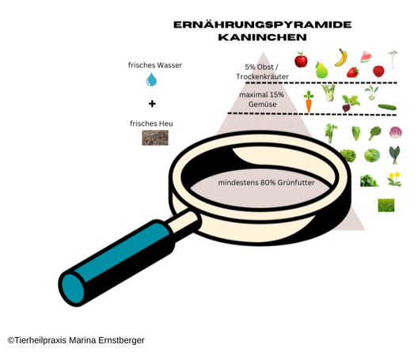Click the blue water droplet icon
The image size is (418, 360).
(151, 79)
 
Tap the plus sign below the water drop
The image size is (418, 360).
(152, 104)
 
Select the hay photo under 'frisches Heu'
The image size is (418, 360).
(155, 138)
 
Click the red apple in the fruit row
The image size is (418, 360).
(301, 60)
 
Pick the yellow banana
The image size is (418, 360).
(341, 58)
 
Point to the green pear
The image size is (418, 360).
(321, 70)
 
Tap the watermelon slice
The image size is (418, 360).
(366, 57)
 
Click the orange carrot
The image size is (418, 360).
(309, 102)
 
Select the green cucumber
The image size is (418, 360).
(387, 107)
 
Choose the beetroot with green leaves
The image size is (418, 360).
(350, 103)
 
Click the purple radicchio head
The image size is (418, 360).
(396, 132)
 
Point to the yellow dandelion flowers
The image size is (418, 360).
(394, 179)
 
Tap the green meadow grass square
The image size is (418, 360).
(386, 205)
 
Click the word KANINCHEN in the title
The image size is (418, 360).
(263, 37)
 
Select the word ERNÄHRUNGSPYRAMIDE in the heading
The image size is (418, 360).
(263, 25)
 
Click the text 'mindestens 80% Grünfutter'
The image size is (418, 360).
(266, 183)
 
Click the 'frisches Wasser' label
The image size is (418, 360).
(155, 65)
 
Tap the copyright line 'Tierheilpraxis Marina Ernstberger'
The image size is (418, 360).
(76, 340)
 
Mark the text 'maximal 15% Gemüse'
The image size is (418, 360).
(262, 100)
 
